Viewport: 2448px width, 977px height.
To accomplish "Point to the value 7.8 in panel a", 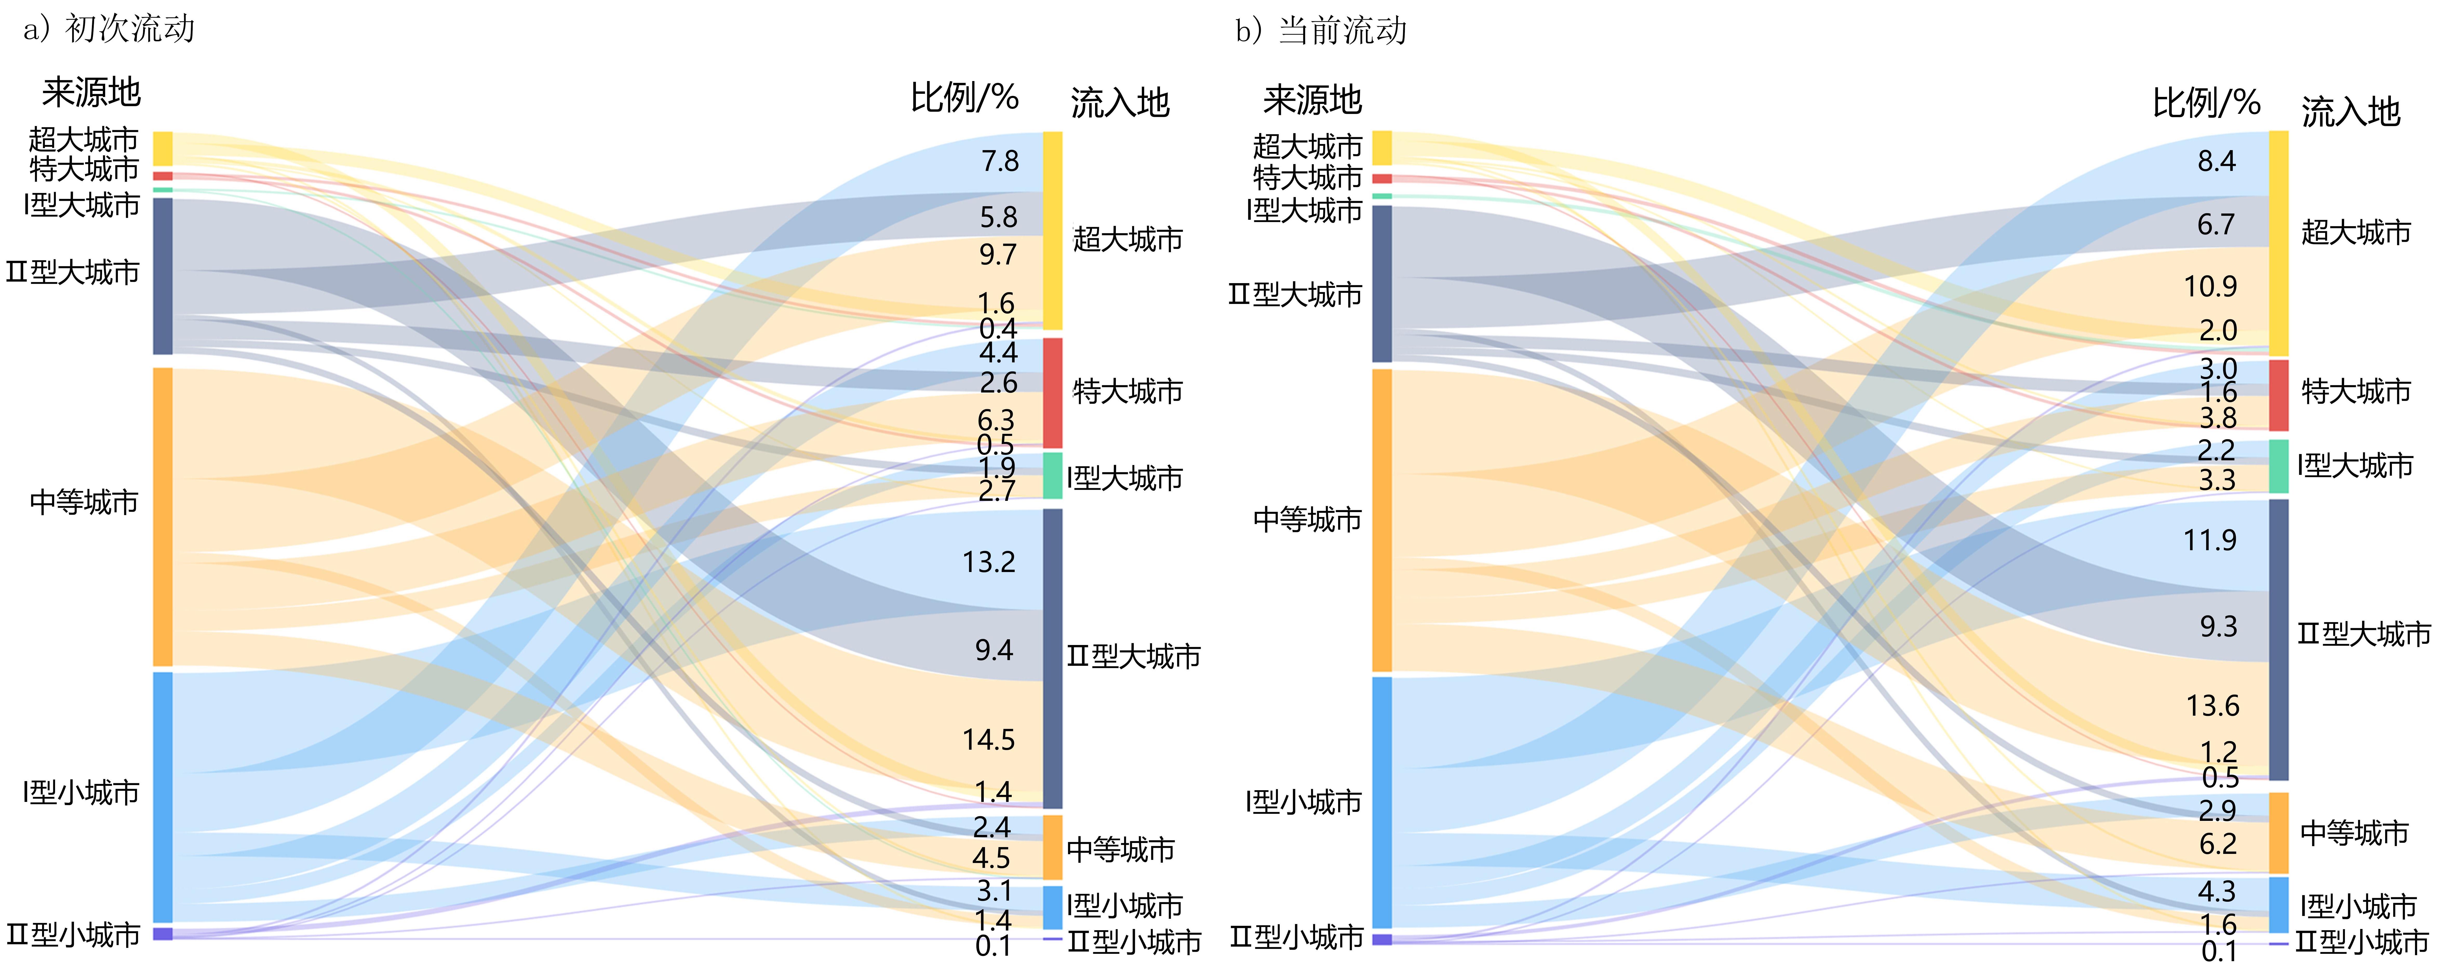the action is (1000, 161).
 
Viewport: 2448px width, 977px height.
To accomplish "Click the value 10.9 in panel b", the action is (2210, 286).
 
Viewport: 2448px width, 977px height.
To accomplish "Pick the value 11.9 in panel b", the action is (2210, 540).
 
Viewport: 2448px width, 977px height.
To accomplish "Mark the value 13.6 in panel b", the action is (2212, 705).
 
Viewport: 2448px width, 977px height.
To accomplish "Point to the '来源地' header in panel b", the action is (1312, 100).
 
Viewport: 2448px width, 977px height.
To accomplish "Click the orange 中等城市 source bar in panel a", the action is (163, 517).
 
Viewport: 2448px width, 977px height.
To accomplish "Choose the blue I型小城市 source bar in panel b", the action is (1382, 802).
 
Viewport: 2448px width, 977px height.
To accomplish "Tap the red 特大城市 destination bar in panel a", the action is (1053, 393).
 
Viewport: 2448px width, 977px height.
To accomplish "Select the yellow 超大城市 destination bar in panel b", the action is (2279, 243).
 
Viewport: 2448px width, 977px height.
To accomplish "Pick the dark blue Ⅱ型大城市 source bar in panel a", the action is (163, 276).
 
